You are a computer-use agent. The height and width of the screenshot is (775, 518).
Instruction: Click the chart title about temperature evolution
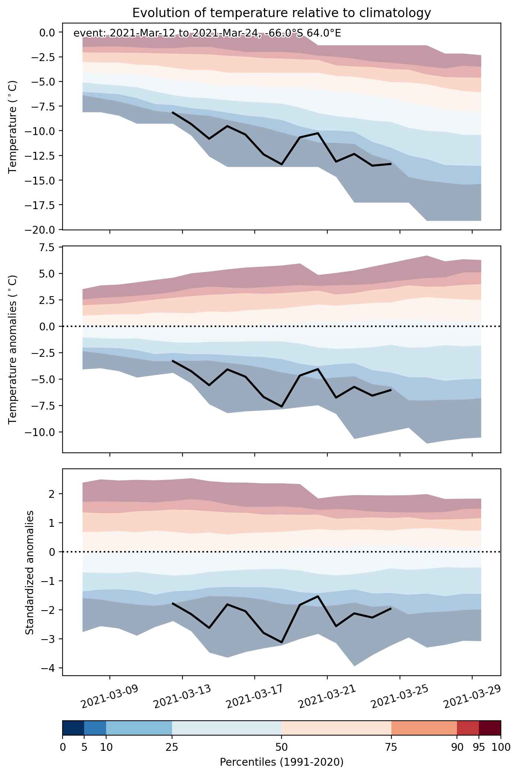[x=282, y=13]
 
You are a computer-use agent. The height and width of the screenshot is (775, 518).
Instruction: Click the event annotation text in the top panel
[x=207, y=33]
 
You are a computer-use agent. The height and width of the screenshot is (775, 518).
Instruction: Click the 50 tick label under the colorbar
[x=282, y=747]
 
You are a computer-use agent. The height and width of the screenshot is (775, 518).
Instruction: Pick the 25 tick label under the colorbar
[x=172, y=747]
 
